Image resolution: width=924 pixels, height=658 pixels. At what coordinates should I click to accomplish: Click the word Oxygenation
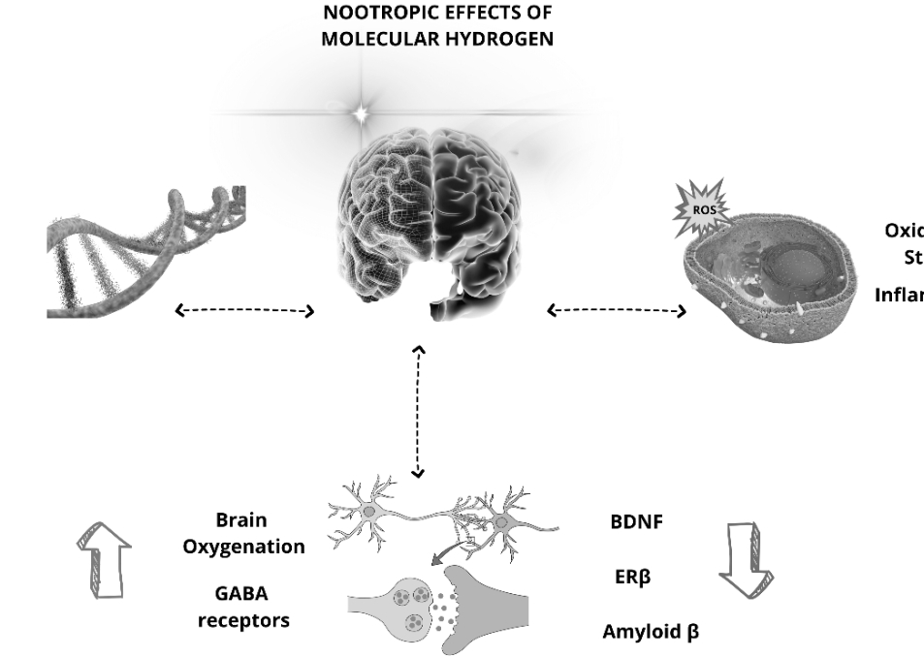coord(243,547)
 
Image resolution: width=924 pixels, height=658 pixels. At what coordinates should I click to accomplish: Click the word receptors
coord(243,620)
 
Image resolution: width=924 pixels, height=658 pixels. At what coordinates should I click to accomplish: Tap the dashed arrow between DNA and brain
coord(245,311)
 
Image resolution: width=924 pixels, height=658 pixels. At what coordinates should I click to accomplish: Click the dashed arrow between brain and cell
coord(617,311)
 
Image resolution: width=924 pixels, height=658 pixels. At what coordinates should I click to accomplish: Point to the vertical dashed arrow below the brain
coord(418,411)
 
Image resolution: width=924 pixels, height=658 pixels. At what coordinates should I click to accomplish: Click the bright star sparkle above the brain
coord(361,114)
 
